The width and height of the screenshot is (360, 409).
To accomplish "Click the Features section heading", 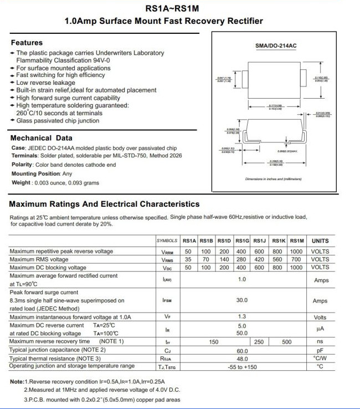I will pos(27,43).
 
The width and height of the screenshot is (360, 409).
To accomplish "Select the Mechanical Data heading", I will pos(41,138).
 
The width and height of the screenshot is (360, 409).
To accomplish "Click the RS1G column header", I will pos(241,241).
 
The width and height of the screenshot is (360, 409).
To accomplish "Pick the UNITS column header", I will pos(320,241).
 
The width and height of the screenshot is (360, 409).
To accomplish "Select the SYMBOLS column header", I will pos(167,241).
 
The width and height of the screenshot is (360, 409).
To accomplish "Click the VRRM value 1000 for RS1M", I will pos(296,251).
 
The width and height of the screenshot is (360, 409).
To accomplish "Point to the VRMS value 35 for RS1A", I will pos(188,259).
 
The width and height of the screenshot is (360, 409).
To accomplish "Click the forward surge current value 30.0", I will pos(241,301).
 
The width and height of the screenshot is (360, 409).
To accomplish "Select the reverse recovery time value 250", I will pos(259,342).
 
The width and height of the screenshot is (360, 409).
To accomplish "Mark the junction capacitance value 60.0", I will pos(241,351).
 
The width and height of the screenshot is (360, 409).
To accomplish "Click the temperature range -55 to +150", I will pos(241,367).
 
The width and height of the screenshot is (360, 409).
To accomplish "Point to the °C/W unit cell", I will pos(320,359).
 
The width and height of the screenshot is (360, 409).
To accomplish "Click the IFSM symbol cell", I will pos(167,301).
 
